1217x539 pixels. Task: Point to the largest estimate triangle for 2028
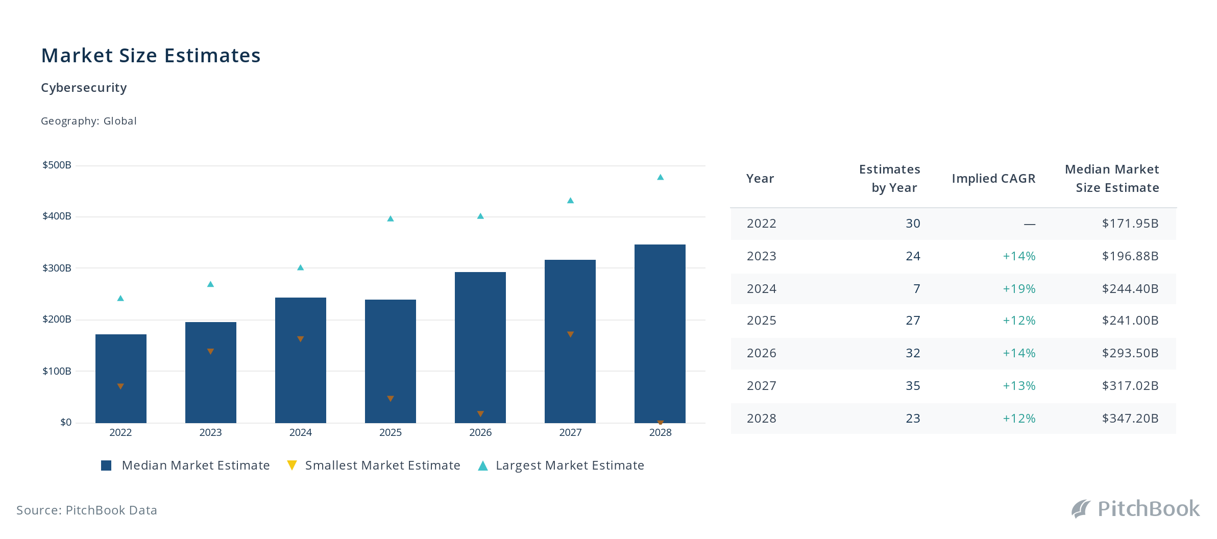tap(660, 177)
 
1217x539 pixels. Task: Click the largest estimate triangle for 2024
tap(301, 267)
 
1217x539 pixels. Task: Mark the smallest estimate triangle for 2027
tap(570, 334)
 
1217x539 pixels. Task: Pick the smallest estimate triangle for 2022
tap(120, 386)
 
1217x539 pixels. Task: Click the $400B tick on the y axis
tap(57, 216)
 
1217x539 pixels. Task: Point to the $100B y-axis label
tap(57, 371)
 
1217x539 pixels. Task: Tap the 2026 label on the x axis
tap(480, 432)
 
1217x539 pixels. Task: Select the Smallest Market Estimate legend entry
tap(374, 465)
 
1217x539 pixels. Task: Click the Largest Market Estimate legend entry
tap(561, 465)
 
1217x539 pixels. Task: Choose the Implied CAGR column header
tap(993, 179)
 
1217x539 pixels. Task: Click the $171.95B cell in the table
tap(1130, 224)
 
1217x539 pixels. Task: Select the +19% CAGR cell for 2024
tap(1019, 289)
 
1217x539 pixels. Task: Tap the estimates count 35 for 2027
tap(913, 386)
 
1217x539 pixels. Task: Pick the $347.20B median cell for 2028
tap(1130, 419)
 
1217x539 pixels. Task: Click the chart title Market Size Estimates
tap(151, 56)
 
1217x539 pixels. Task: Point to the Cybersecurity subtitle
tap(84, 88)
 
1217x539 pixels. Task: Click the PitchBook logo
tap(1136, 509)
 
